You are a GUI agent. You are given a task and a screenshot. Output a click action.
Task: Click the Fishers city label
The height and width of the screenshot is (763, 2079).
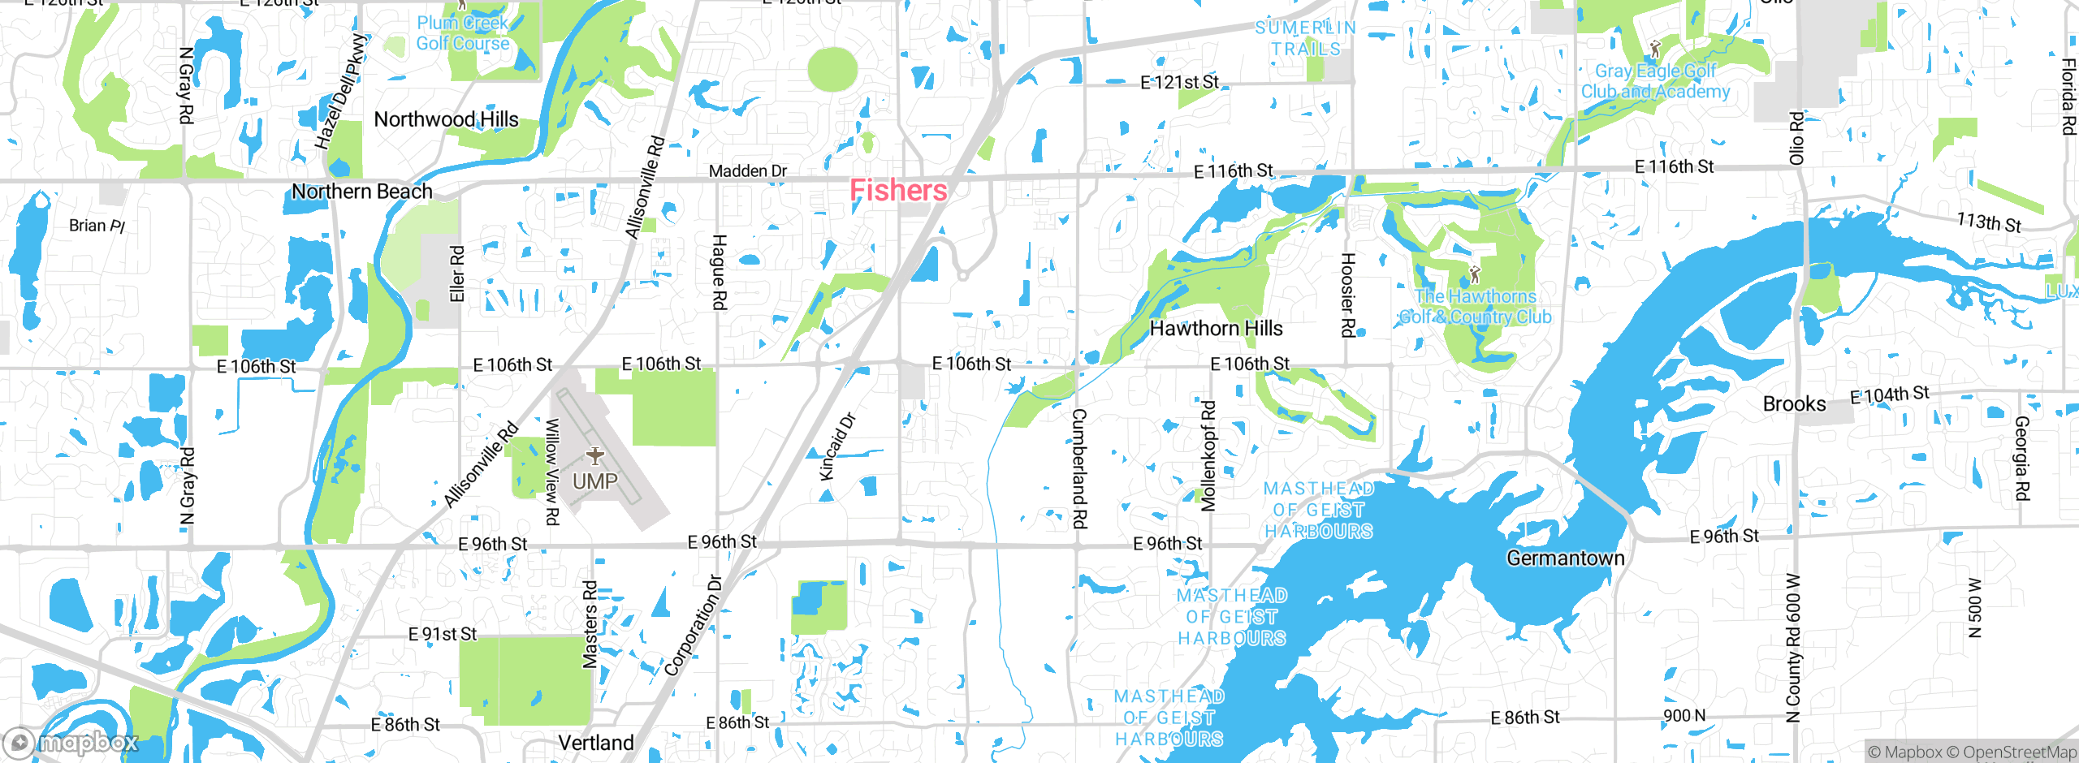coord(898,191)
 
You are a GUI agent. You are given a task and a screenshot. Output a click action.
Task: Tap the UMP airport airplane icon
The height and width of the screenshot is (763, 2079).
coord(595,455)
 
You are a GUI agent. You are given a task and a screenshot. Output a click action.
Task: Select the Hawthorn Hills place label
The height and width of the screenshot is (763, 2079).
coord(1216,329)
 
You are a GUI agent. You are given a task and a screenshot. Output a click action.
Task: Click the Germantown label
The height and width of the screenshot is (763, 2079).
coord(1565,558)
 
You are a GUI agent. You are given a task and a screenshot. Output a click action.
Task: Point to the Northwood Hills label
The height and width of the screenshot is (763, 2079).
coord(446,120)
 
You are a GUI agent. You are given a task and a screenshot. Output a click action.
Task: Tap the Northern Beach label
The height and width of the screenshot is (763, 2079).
coord(361,192)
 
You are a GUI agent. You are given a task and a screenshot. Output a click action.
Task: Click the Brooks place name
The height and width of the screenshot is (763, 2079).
coord(1794,404)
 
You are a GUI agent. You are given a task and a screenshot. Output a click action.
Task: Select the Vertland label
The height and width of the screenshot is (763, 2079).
coord(595,743)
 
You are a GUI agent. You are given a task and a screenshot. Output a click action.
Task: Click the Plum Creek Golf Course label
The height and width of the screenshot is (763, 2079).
coord(463,33)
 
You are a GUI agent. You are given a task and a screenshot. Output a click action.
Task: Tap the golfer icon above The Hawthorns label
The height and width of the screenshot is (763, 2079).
coord(1475,274)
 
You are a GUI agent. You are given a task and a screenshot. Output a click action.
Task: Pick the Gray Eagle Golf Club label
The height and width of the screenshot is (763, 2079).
coord(1655,81)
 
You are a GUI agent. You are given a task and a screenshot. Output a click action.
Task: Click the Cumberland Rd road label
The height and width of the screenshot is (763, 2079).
coord(1079,468)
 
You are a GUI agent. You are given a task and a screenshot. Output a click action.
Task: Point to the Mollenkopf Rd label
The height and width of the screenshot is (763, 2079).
coord(1208,455)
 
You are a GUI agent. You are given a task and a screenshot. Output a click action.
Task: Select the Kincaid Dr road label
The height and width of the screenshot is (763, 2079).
coord(837,446)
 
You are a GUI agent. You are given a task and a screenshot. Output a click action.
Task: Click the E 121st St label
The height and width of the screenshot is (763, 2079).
coord(1179,83)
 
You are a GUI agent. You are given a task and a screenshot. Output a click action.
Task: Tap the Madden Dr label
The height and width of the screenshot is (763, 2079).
coord(747,171)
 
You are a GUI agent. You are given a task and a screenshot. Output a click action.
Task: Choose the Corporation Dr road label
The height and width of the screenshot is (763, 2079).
coord(693,626)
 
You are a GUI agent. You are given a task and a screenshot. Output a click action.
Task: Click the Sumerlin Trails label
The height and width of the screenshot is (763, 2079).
coord(1305,38)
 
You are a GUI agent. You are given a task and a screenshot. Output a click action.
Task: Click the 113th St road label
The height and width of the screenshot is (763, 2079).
coord(1988,222)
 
